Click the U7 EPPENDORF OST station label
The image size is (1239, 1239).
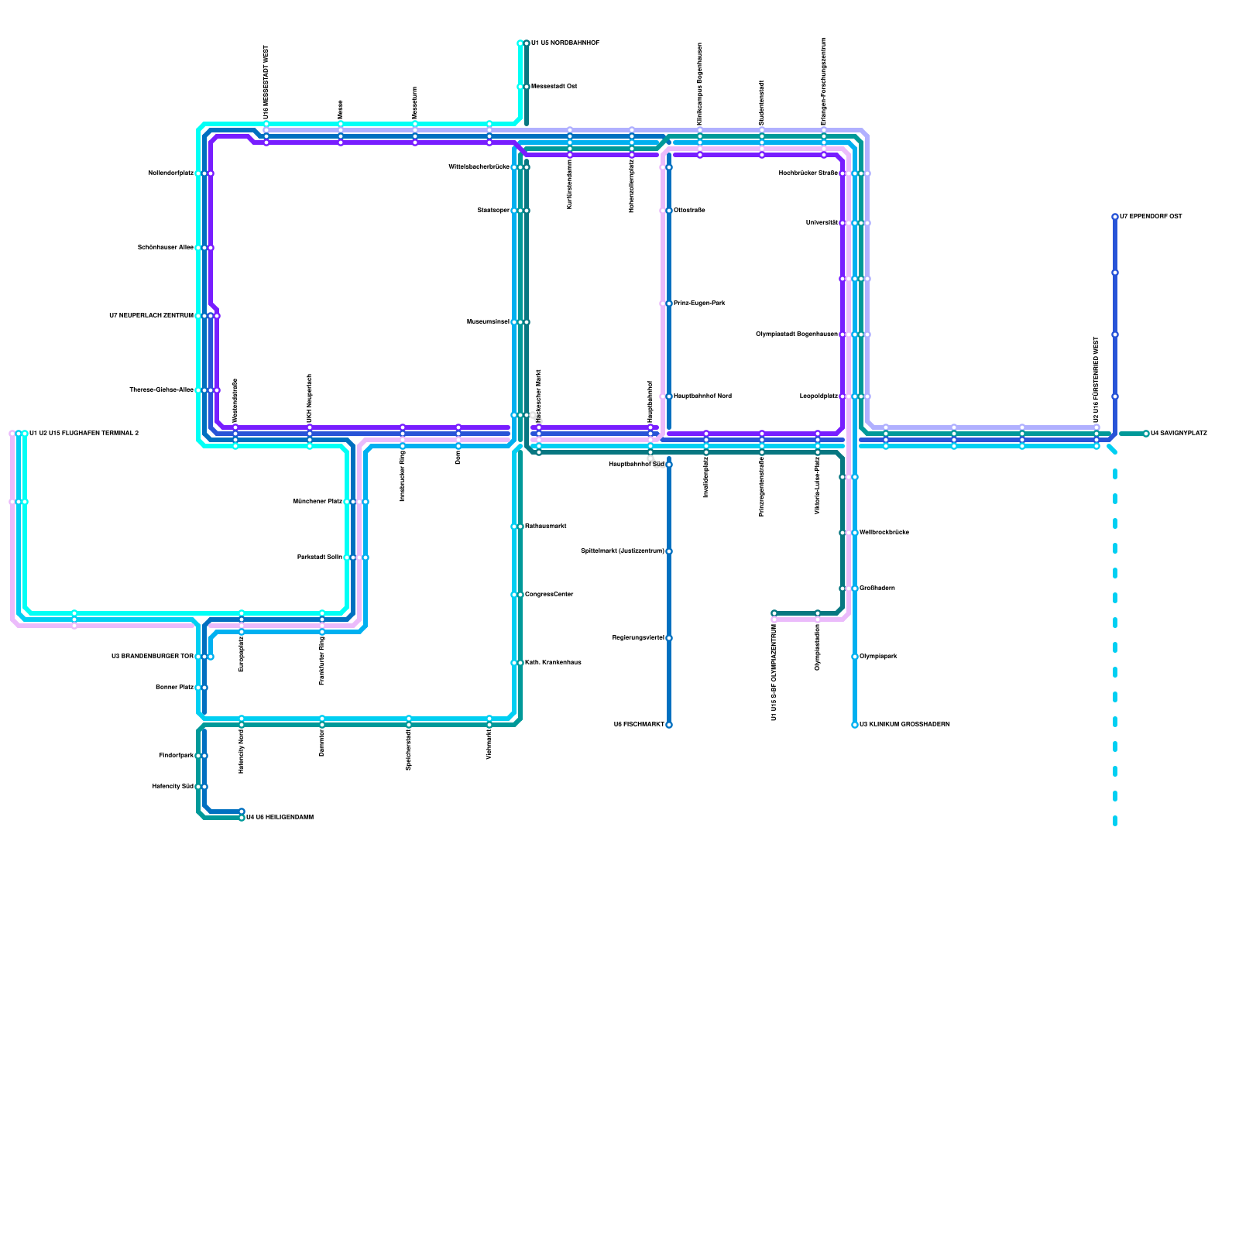tap(1151, 217)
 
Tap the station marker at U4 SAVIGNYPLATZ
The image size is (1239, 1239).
tap(1146, 434)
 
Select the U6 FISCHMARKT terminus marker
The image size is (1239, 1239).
tap(669, 725)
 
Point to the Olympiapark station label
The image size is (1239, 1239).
tap(878, 657)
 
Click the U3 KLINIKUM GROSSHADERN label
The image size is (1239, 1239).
tap(904, 725)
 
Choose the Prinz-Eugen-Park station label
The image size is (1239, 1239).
tap(699, 304)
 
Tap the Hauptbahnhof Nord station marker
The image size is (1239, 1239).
tap(669, 396)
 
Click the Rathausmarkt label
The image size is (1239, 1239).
tap(546, 527)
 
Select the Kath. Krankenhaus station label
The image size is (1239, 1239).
tap(553, 663)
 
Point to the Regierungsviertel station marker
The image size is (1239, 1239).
tap(669, 638)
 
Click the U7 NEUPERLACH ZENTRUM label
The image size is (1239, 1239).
tap(151, 316)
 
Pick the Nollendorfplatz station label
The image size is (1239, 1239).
tap(170, 173)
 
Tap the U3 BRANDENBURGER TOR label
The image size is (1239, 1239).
tap(152, 657)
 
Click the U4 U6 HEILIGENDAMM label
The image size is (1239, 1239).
tap(280, 818)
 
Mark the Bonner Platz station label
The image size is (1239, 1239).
tap(174, 688)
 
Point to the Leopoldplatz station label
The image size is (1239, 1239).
tap(819, 396)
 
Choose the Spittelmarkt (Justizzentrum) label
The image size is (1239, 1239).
tap(622, 551)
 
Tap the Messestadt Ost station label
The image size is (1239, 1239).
tap(554, 87)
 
